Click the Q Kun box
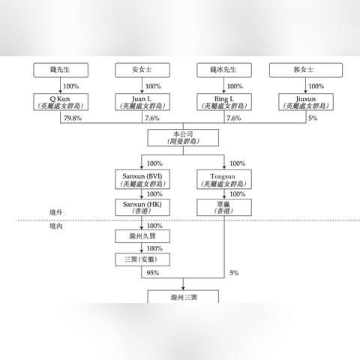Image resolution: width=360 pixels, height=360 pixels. click(x=61, y=102)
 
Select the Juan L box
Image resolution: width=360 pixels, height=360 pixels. click(x=142, y=102)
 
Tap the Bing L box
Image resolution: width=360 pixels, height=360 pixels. click(x=224, y=102)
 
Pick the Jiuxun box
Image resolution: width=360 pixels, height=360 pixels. click(x=306, y=102)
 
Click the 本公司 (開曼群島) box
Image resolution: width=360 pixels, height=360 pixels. click(x=183, y=138)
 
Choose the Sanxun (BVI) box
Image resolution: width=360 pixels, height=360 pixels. click(x=142, y=179)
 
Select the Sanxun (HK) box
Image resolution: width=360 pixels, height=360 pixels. click(x=142, y=208)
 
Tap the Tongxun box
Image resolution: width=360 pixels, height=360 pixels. click(x=224, y=179)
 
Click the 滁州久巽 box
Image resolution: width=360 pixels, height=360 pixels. click(x=142, y=236)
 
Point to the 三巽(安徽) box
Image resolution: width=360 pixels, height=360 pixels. click(x=142, y=259)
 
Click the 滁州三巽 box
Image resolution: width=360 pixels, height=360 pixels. click(x=183, y=297)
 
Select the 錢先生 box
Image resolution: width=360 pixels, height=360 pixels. click(x=61, y=70)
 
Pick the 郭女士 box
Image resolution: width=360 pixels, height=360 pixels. click(x=306, y=70)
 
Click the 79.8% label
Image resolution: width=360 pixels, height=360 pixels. click(x=73, y=118)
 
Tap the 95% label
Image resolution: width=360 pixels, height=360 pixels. click(x=153, y=273)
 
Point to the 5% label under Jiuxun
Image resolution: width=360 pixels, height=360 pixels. click(x=313, y=118)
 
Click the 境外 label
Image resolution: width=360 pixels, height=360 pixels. click(x=55, y=212)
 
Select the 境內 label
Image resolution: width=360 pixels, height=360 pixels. click(x=55, y=226)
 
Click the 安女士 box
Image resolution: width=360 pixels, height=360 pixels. click(x=142, y=70)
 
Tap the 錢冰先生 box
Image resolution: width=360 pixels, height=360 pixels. click(x=224, y=70)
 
